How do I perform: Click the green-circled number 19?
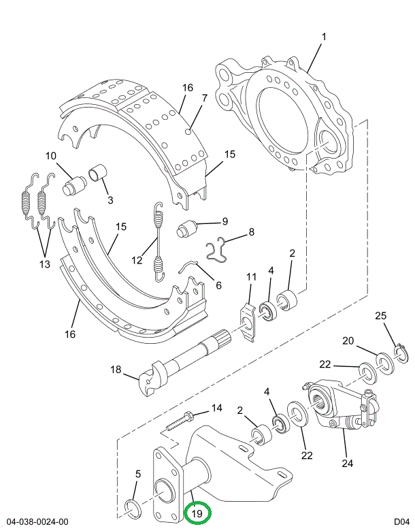coord(197,513)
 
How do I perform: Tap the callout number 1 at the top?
coord(323,37)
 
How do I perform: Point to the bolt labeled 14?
coord(181,421)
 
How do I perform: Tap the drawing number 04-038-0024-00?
coord(37,522)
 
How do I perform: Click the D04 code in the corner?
coord(401,522)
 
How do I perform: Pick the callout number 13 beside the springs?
coord(44,264)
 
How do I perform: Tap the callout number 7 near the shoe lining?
coord(203,99)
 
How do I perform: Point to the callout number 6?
coord(218,285)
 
